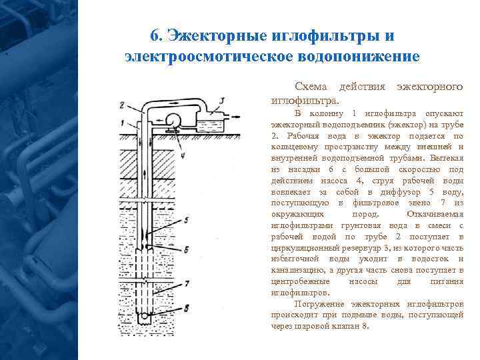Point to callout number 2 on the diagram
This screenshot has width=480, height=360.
[x=122, y=105]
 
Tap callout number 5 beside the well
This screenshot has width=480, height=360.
[x=187, y=219]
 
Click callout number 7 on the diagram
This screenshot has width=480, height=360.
[x=187, y=283]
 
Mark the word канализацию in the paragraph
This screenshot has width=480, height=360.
[x=297, y=270]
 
